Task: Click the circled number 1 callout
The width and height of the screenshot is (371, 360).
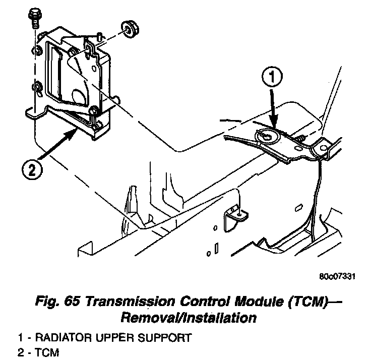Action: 271,78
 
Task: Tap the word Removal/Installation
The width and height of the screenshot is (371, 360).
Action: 188,318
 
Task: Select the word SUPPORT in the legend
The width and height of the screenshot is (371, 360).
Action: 168,337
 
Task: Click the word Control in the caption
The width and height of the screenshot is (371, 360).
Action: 199,303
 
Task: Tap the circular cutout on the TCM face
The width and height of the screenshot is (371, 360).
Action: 78,96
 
